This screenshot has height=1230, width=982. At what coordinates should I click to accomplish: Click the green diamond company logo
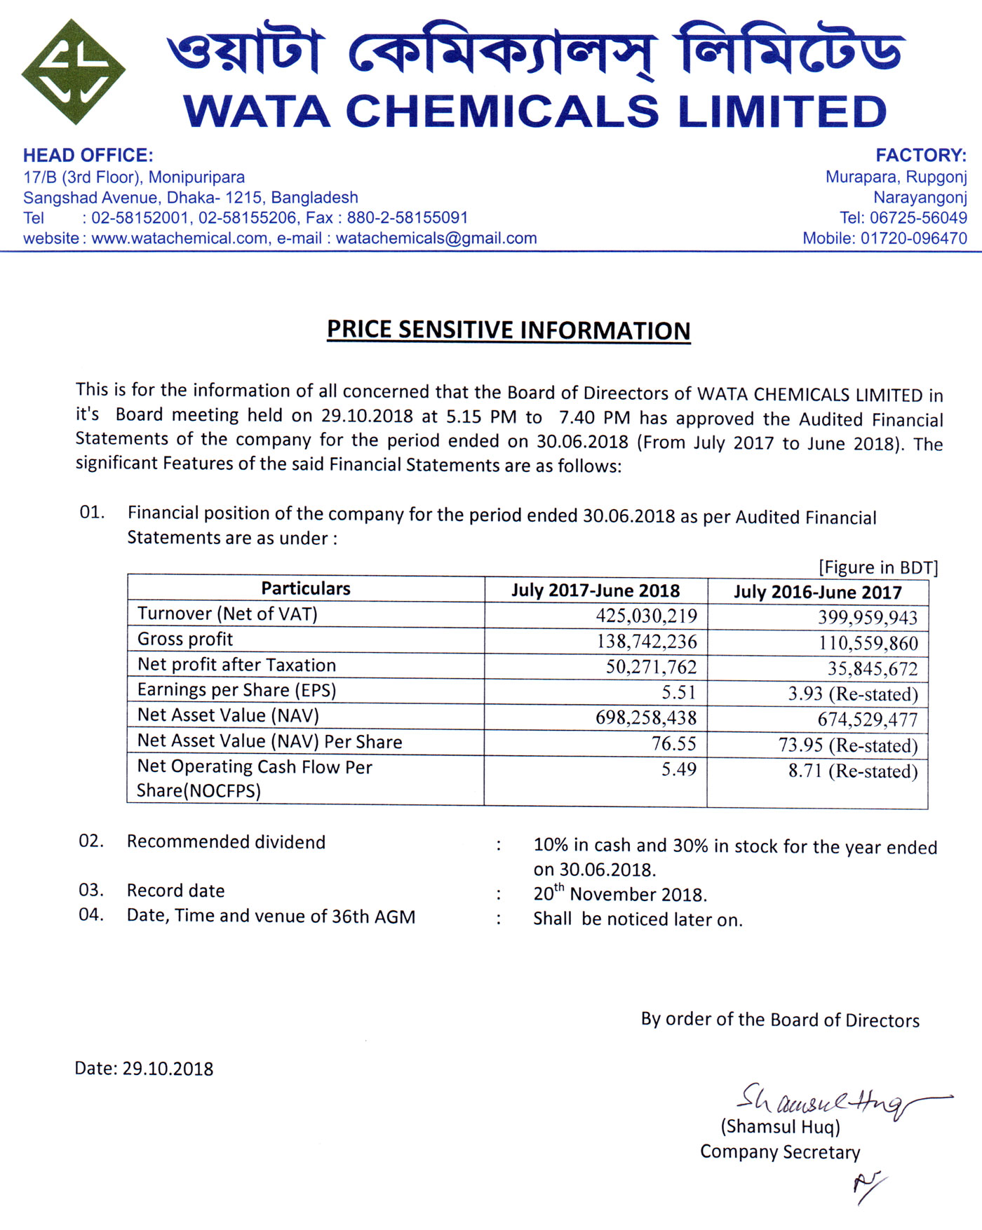[x=73, y=72]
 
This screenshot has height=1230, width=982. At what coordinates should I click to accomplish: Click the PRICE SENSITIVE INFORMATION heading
[x=509, y=330]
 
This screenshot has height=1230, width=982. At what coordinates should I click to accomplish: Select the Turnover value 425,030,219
[x=646, y=616]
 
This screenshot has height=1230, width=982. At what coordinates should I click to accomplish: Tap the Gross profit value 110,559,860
[x=868, y=643]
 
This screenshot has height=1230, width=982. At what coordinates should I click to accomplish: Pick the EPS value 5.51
[x=678, y=693]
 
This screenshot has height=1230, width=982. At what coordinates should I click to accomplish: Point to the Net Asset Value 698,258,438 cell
[x=646, y=718]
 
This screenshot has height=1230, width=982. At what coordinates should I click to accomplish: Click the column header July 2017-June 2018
[x=596, y=590]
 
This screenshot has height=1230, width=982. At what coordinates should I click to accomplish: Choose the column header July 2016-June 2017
[x=817, y=593]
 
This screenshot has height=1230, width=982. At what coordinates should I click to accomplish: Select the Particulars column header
[x=306, y=588]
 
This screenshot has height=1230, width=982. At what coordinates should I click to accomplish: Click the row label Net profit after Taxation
[x=236, y=665]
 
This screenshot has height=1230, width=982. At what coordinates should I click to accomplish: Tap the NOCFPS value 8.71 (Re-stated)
[x=852, y=771]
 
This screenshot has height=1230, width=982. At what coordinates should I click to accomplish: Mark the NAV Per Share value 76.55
[x=673, y=743]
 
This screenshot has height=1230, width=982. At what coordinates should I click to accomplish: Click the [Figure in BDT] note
[x=877, y=567]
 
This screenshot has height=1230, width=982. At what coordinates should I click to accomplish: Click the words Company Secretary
[x=780, y=1152]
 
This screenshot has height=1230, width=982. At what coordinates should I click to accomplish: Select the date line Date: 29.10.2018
[x=144, y=1069]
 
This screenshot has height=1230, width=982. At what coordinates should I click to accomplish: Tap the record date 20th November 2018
[x=620, y=894]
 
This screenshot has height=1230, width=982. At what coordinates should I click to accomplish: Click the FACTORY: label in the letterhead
[x=920, y=156]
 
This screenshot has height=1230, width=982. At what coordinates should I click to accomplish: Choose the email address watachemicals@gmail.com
[x=436, y=238]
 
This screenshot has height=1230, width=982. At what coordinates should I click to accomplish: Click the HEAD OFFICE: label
[x=88, y=156]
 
